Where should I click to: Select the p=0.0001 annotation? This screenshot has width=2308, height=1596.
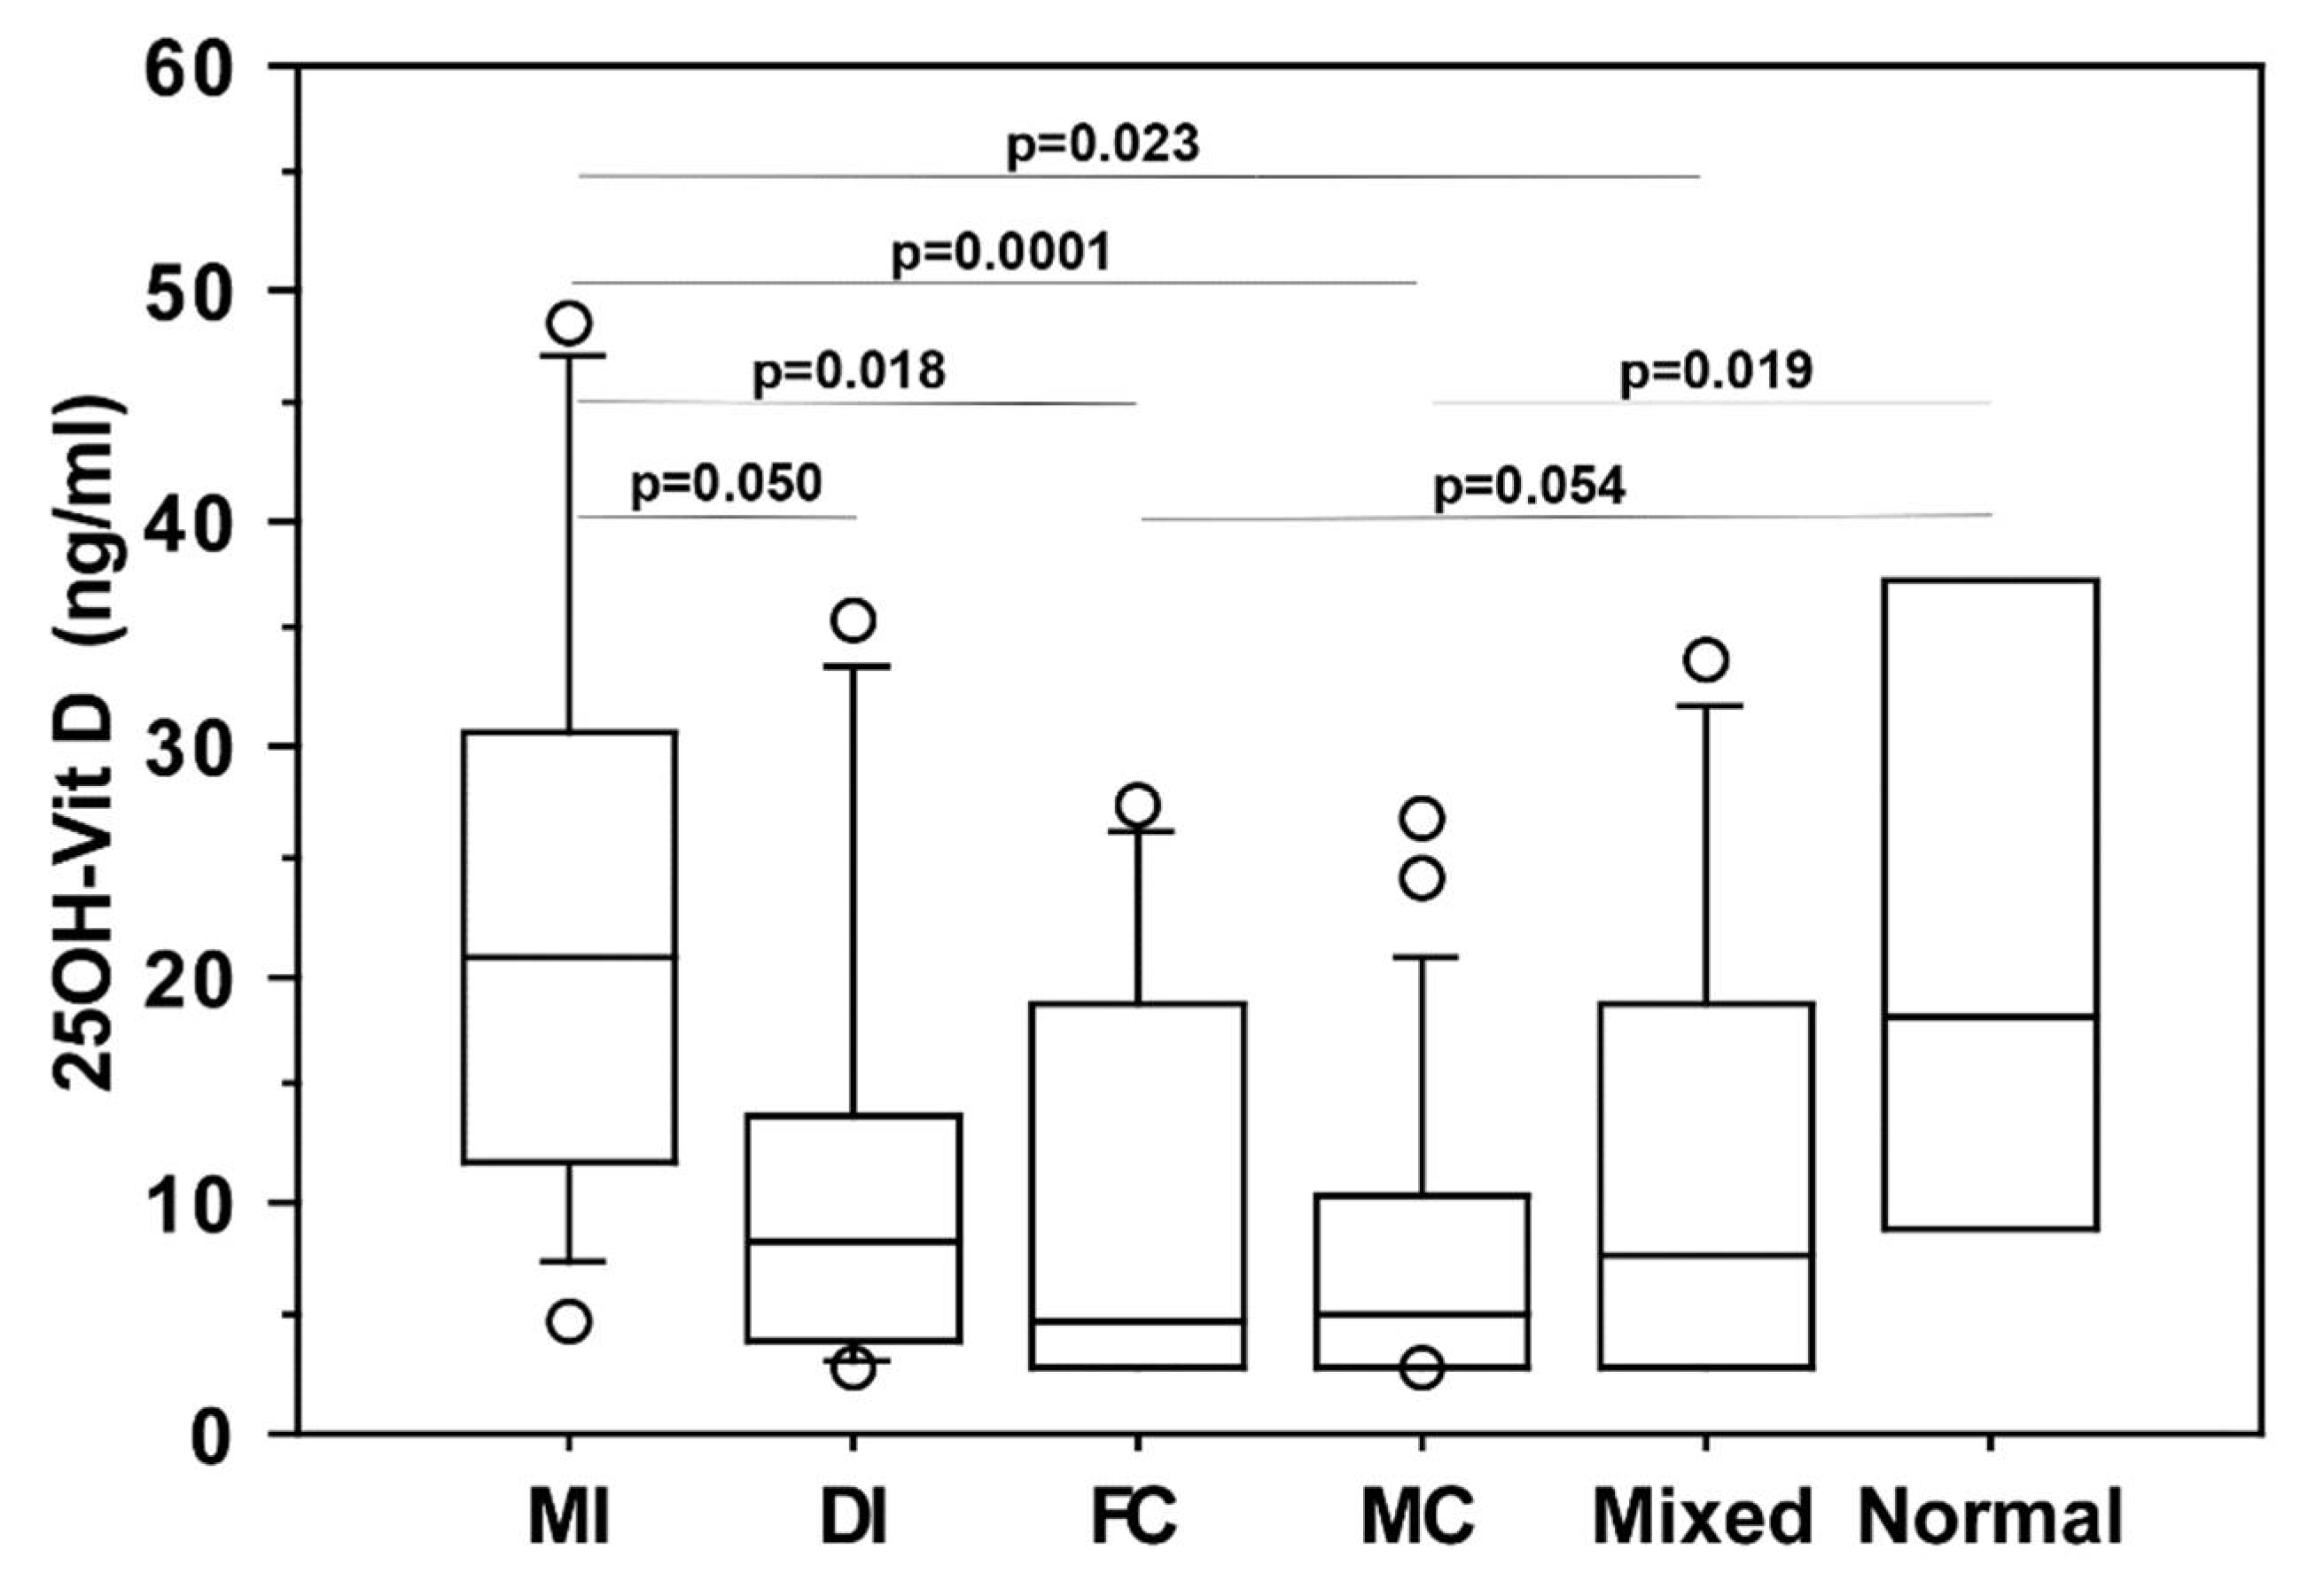coord(1001,253)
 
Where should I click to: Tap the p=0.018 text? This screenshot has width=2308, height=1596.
coord(848,371)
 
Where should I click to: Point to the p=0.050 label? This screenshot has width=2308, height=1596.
coord(726,484)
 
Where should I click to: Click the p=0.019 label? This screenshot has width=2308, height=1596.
coord(1716,371)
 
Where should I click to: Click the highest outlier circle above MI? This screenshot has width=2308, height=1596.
coord(570,323)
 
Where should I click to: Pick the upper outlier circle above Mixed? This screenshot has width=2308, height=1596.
coord(1706,660)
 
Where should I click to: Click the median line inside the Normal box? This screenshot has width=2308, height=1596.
coord(1990,1016)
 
